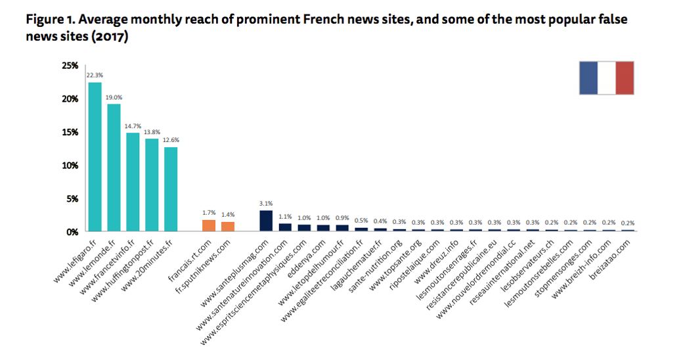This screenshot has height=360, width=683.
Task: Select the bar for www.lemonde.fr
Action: click(114, 168)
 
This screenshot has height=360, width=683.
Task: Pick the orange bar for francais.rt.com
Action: click(209, 225)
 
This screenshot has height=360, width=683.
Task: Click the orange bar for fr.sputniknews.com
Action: click(228, 227)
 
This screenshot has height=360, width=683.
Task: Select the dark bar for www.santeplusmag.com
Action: click(266, 221)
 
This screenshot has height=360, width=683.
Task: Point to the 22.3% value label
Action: click(95, 76)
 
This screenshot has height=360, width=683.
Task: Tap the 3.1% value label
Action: click(266, 204)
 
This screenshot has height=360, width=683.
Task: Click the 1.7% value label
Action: click(209, 213)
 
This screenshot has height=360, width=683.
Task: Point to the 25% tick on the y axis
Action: click(70, 66)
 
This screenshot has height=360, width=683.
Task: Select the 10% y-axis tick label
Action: click(70, 166)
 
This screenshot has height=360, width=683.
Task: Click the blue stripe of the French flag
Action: click(588, 78)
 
